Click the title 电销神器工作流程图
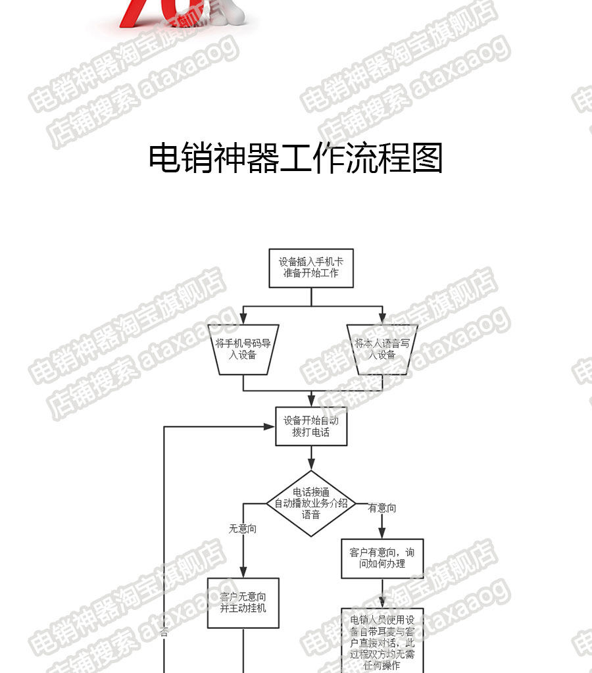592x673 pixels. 296,159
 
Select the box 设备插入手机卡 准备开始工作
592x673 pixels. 311,268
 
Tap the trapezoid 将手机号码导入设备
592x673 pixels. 243,349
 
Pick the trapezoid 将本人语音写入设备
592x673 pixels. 382,349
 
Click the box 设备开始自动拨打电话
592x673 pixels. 311,426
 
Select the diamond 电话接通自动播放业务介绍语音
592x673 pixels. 311,504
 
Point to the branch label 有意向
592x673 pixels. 382,508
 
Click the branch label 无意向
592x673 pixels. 242,528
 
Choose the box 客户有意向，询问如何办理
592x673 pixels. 382,559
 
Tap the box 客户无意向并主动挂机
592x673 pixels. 243,603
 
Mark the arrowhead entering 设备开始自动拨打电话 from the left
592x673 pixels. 270,426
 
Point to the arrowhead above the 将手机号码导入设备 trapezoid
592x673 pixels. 243,320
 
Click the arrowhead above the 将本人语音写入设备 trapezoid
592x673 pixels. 382,320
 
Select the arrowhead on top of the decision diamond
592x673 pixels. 311,466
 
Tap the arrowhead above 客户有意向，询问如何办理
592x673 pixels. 382,535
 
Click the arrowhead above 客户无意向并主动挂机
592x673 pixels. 243,573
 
